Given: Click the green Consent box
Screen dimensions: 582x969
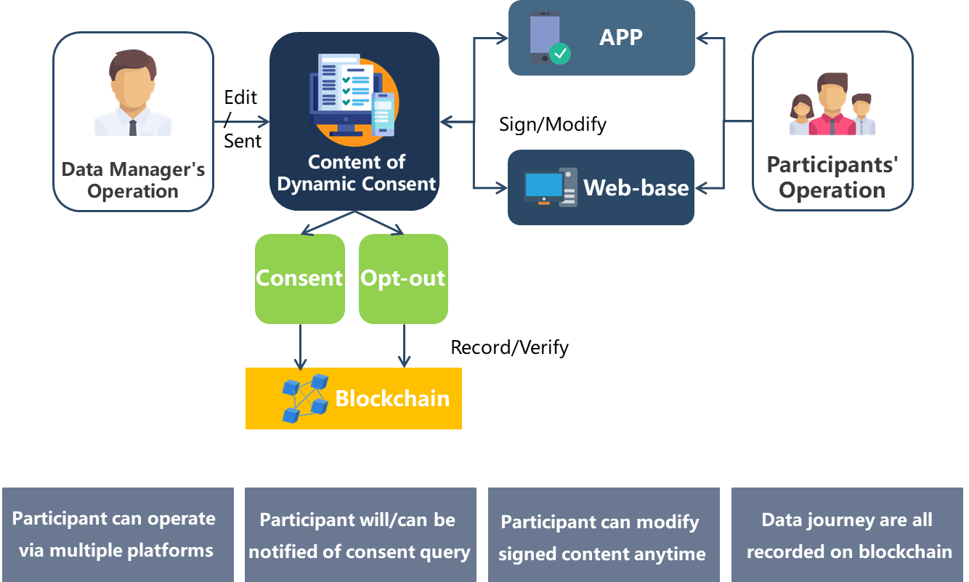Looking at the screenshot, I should (x=299, y=278).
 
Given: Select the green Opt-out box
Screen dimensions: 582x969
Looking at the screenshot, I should (x=403, y=278).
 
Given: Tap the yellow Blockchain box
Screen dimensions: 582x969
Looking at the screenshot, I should (x=354, y=398).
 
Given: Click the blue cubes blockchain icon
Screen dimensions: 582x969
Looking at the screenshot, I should (x=304, y=398).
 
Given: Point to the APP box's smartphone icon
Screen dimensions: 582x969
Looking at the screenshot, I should (x=547, y=39).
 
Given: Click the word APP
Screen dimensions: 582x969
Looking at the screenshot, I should (x=620, y=38).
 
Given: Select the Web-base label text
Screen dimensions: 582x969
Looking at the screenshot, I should (x=636, y=187).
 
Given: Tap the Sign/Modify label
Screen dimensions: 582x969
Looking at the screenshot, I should (x=553, y=124).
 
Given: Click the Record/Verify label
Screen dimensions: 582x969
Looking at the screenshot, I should (x=510, y=347).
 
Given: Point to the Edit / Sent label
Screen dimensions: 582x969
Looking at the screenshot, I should (x=241, y=119).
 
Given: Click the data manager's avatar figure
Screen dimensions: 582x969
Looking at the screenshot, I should (x=133, y=93).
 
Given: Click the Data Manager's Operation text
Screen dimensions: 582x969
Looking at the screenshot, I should (x=133, y=180).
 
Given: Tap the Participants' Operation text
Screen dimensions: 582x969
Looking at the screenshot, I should (x=832, y=177).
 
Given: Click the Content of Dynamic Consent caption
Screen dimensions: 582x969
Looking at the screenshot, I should (x=356, y=173).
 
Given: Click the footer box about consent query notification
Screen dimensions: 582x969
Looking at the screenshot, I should (x=360, y=535).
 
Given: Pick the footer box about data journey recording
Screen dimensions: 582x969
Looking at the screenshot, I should (x=847, y=535).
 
